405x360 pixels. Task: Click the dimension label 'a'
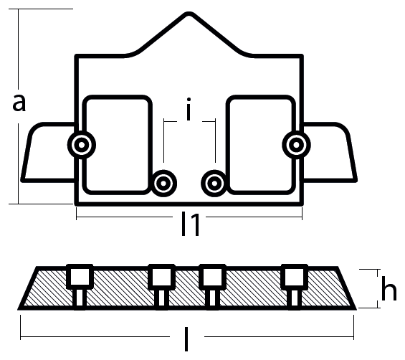(19, 103)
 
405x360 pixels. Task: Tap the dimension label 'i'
(189, 109)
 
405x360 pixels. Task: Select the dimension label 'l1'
(191, 224)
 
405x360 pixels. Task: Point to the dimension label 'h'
(389, 288)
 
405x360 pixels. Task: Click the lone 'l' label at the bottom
(186, 339)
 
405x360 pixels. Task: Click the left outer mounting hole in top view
(82, 145)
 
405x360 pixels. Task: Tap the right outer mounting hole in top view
(296, 145)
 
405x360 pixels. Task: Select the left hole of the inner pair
(163, 184)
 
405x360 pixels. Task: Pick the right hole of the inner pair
(214, 184)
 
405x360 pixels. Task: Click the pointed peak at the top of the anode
(189, 14)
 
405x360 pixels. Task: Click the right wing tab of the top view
(330, 152)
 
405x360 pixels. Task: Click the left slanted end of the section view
(27, 288)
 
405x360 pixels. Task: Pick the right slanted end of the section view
(347, 288)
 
